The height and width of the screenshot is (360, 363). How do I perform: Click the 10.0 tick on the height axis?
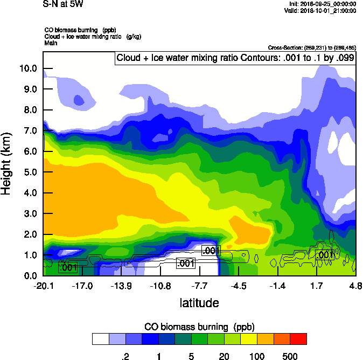click(x=29, y=68)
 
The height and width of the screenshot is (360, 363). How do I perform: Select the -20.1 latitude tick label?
click(x=43, y=285)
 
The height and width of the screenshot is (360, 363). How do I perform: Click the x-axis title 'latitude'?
click(x=199, y=303)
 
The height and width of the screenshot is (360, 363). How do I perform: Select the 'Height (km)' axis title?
click(x=7, y=164)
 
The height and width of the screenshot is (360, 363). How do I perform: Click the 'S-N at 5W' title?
click(x=63, y=4)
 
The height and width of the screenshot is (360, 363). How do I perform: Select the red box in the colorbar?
click(x=298, y=339)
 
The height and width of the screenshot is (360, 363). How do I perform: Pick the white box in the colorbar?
click(x=101, y=339)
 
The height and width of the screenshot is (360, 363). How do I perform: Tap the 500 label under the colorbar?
click(x=290, y=356)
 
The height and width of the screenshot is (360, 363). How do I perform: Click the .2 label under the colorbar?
click(x=125, y=356)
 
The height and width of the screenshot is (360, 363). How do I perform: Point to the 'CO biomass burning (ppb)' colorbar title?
click(x=199, y=327)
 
